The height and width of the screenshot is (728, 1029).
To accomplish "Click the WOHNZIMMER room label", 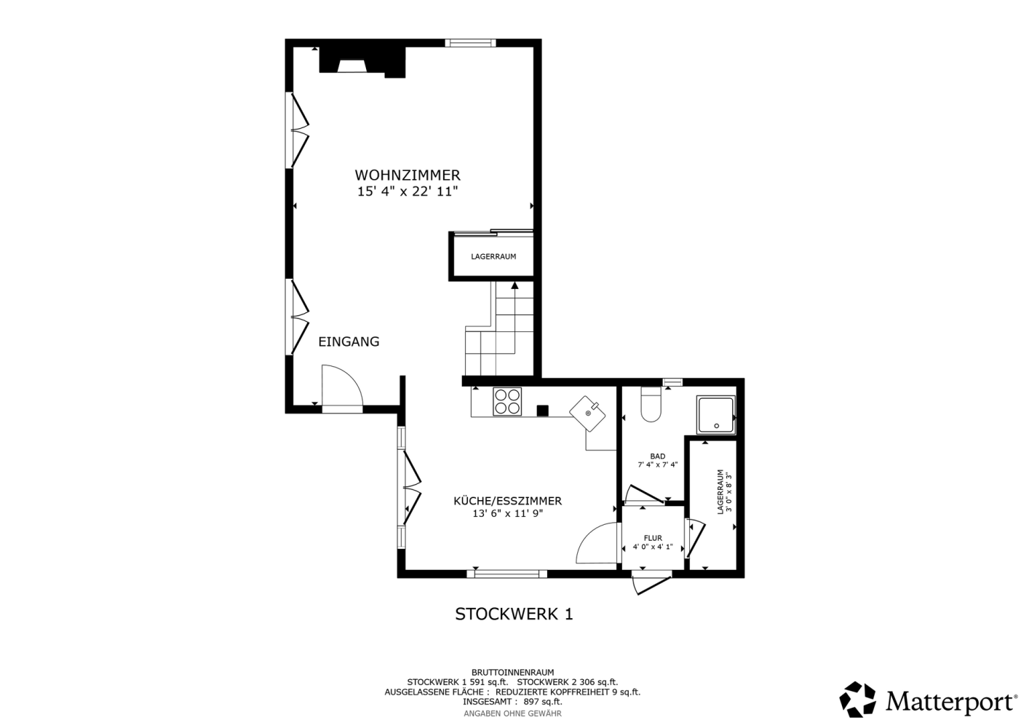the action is click(408, 175).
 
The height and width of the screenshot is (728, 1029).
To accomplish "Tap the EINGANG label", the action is click(349, 341).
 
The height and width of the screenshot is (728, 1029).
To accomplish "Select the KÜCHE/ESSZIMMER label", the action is click(508, 501).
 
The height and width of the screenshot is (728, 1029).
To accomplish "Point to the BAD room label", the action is click(657, 456).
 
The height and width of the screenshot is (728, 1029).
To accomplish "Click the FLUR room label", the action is click(653, 538).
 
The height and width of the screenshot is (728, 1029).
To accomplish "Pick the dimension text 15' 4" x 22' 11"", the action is click(408, 191).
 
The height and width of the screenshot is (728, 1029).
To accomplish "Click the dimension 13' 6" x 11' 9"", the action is click(508, 514).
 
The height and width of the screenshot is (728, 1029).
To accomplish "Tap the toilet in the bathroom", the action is click(651, 405).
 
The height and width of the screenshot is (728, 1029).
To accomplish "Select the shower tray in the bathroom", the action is click(715, 414).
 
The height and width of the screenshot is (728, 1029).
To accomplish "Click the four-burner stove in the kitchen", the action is click(507, 402).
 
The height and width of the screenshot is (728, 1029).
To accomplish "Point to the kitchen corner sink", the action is click(587, 414).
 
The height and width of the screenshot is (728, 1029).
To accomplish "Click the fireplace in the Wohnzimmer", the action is click(363, 62).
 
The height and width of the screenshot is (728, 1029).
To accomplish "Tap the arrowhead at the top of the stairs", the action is click(514, 285).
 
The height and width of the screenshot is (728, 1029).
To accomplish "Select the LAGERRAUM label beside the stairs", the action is click(493, 256).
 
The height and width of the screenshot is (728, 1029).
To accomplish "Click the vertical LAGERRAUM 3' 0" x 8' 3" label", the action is click(723, 492).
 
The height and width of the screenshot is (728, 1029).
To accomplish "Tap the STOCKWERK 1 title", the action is click(514, 614).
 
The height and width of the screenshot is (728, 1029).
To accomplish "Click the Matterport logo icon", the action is click(858, 700).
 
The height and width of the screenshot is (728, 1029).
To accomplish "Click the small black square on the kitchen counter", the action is click(543, 411).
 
